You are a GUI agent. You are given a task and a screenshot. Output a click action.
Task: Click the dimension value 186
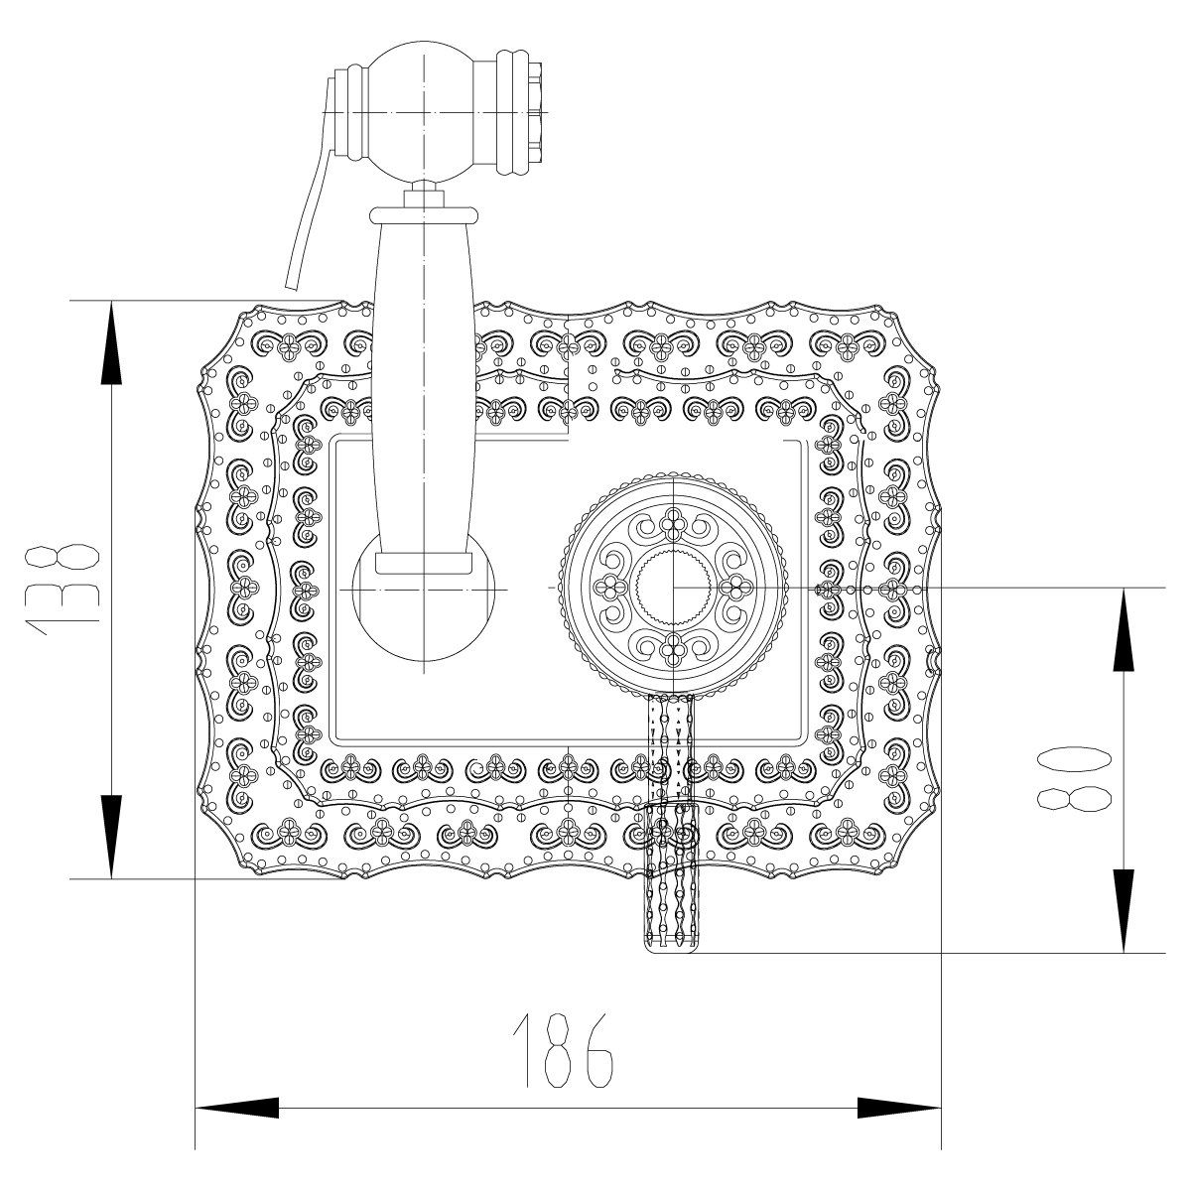click(x=562, y=1051)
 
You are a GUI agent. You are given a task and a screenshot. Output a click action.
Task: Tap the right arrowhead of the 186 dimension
click(x=899, y=1109)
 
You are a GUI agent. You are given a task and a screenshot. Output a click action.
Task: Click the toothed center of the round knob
click(x=673, y=588)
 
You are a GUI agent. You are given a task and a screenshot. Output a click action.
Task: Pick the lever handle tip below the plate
click(x=672, y=933)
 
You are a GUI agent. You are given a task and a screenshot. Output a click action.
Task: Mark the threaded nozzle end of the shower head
click(x=533, y=112)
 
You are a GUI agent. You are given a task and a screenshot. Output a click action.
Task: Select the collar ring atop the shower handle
click(x=424, y=212)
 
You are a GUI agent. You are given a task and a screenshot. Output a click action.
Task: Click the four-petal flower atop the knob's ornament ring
click(x=673, y=522)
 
